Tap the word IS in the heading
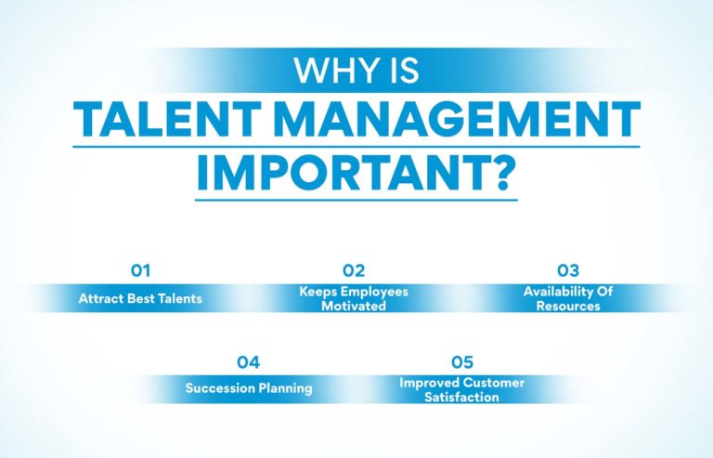tap(401, 71)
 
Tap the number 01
tap(140, 271)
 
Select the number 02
tap(354, 271)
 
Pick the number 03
tap(568, 271)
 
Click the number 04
tap(247, 361)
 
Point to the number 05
tap(461, 361)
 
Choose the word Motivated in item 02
tap(354, 306)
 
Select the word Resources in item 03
tap(568, 306)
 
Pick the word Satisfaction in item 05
tap(461, 397)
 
